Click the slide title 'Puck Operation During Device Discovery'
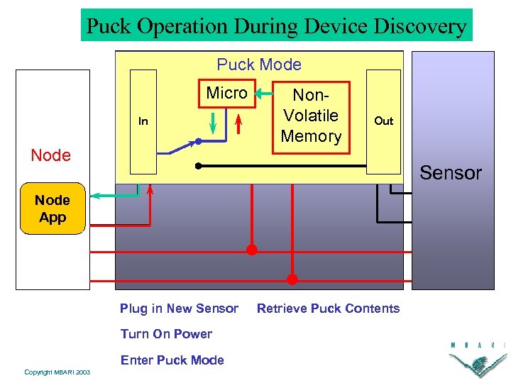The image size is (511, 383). tap(276, 26)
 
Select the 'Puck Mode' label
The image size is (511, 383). tap(259, 65)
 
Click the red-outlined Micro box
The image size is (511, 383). tap(226, 93)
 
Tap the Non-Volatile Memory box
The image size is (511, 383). tap(311, 116)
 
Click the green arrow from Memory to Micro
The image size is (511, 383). tap(267, 92)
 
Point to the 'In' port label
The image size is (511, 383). tap(143, 121)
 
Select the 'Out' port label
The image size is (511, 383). tap(383, 121)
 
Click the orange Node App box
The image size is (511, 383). tap(53, 209)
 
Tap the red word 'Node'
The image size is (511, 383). tap(51, 155)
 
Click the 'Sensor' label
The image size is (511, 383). tap(451, 173)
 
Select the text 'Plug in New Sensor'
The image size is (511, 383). tap(179, 309)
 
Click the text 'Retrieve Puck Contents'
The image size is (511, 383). tap(328, 309)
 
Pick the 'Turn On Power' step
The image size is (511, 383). tap(166, 334)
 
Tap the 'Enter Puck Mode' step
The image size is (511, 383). tap(172, 360)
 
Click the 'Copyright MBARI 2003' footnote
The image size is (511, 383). tap(57, 372)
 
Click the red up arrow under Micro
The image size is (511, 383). tap(238, 123)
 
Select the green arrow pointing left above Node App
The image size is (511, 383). tap(114, 196)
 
